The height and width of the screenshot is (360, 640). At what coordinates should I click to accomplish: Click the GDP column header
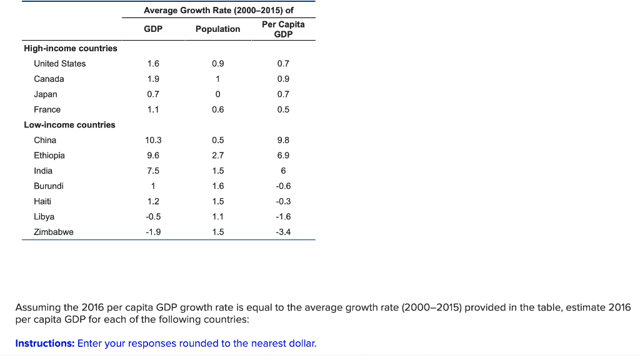153,29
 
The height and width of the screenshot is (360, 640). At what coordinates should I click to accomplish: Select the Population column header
217,29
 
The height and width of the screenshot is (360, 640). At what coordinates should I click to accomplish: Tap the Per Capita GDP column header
283,29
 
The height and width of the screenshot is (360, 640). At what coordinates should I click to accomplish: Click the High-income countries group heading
70,48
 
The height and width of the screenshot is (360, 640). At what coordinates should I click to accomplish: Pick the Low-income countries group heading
69,125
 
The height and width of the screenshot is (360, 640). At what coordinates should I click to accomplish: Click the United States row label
60,64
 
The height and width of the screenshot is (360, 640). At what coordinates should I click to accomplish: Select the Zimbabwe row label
54,232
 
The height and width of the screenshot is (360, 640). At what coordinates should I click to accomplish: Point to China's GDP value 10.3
153,140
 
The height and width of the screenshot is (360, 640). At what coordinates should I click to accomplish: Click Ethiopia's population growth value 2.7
217,156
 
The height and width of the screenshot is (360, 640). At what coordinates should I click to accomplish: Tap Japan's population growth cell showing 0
217,94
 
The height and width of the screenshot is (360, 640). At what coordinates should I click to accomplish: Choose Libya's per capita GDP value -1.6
283,217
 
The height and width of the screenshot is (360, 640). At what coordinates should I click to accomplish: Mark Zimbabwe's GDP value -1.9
153,232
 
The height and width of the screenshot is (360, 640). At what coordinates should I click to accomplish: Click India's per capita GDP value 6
283,171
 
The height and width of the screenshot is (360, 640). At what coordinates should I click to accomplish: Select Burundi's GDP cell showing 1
153,186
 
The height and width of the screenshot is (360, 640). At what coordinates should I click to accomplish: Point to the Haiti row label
42,201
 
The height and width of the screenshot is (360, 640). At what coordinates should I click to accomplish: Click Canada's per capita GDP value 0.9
283,79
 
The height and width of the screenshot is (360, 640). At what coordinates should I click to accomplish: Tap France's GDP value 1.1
153,109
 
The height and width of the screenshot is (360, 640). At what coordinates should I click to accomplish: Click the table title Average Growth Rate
219,11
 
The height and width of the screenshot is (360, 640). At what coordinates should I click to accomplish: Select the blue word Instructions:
44,343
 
